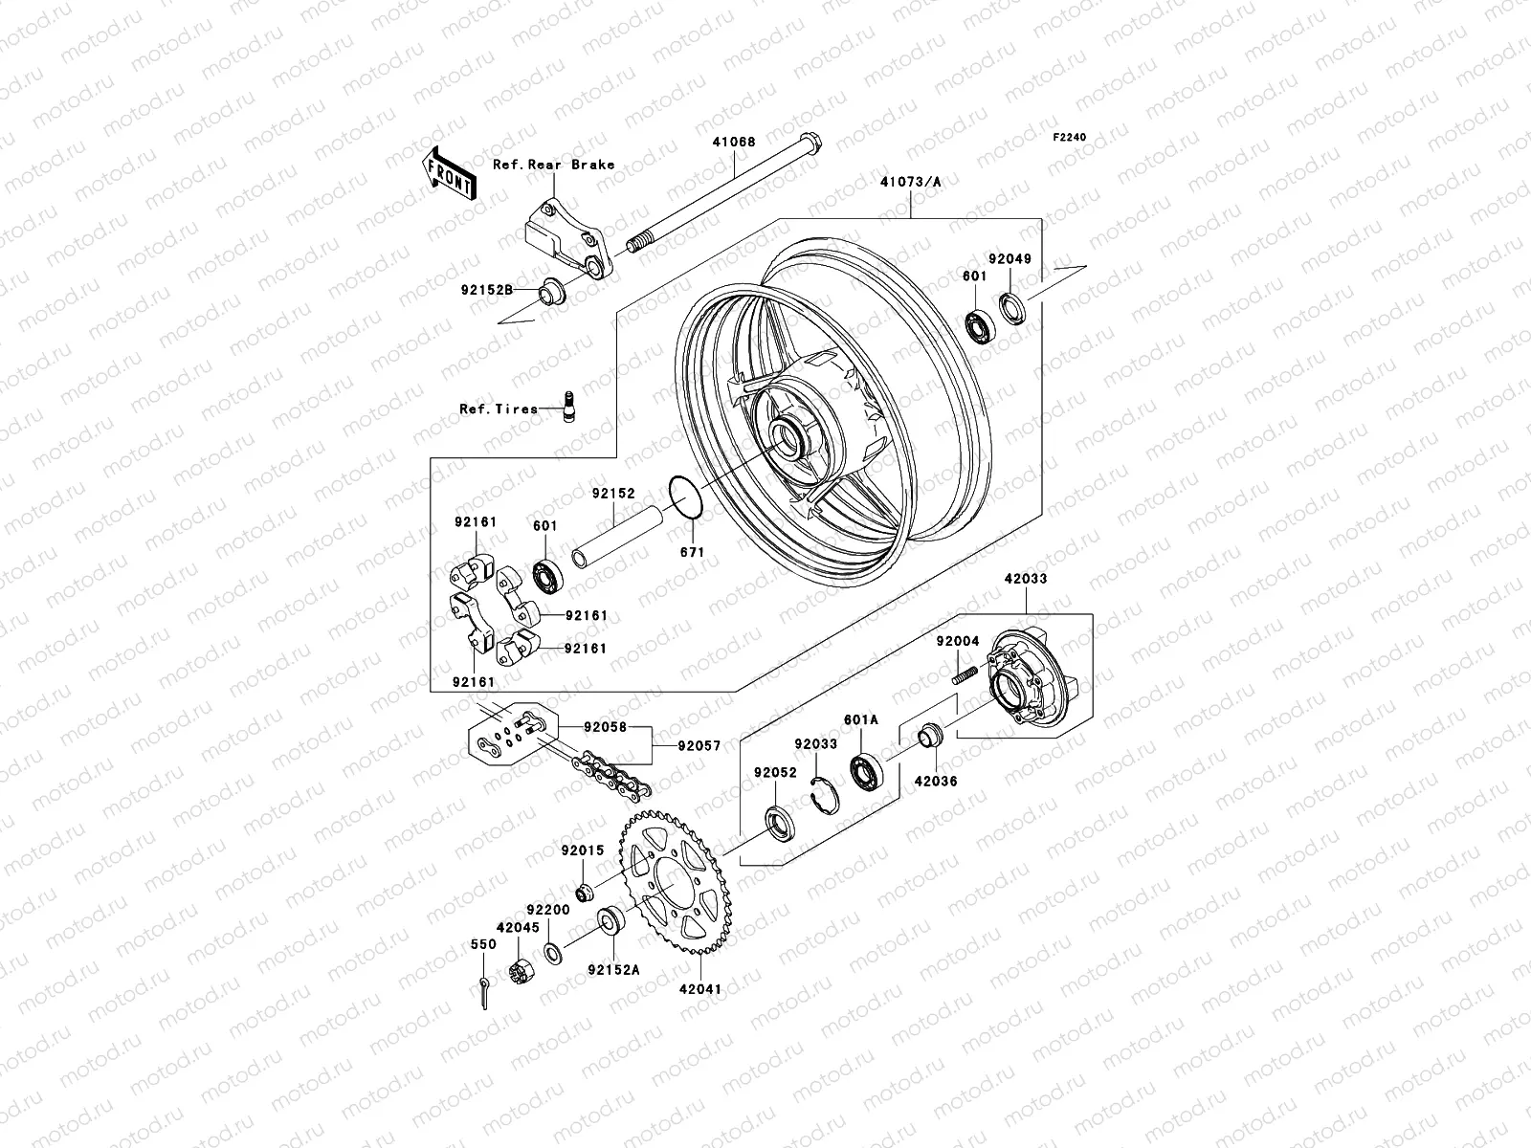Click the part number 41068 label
pyautogui.click(x=733, y=143)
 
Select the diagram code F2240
pyautogui.click(x=1070, y=138)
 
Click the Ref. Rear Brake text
pyautogui.click(x=566, y=165)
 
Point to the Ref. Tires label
pyautogui.click(x=498, y=409)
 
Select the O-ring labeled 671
pyautogui.click(x=686, y=497)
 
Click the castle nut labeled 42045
pyautogui.click(x=522, y=974)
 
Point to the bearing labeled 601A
pyautogui.click(x=867, y=771)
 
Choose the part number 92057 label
pyautogui.click(x=698, y=745)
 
